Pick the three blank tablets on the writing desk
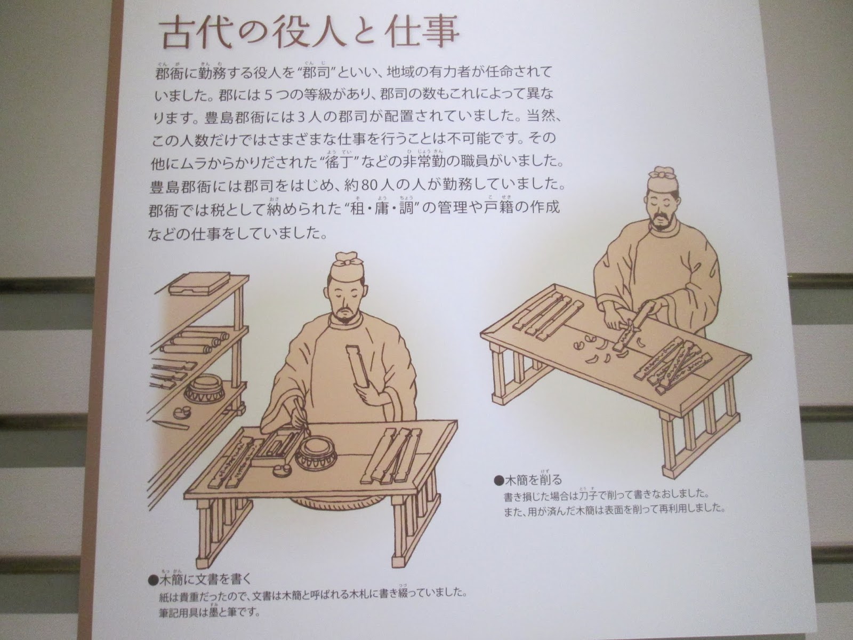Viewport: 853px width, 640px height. (x=391, y=454)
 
